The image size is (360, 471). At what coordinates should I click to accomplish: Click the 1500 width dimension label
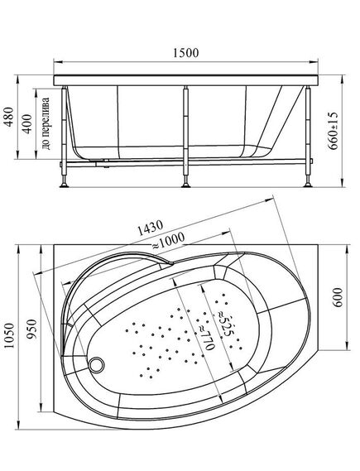(186, 53)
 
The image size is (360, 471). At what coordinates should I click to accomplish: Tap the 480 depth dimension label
(9, 117)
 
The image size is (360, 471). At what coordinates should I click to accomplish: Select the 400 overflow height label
(27, 124)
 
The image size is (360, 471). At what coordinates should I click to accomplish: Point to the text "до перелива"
(46, 123)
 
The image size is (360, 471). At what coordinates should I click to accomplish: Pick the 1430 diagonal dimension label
(150, 228)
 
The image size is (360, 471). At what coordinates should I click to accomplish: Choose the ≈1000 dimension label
(167, 242)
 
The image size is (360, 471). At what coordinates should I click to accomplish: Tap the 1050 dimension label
(9, 335)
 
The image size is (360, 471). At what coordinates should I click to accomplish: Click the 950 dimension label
(31, 329)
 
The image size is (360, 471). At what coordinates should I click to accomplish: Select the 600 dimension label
(338, 297)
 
